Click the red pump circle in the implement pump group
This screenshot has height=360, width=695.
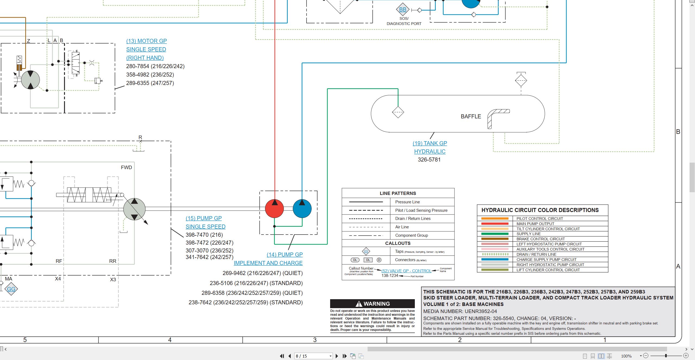pyautogui.click(x=274, y=209)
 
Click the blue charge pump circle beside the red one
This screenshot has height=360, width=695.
pyautogui.click(x=302, y=209)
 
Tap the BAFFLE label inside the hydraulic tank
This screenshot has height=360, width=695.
pyautogui.click(x=471, y=116)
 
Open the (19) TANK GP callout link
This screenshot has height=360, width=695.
pyautogui.click(x=430, y=143)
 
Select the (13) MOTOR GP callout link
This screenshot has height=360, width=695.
pyautogui.click(x=146, y=41)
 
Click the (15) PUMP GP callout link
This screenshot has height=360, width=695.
pyautogui.click(x=204, y=218)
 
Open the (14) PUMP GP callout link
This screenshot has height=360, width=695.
pyautogui.click(x=285, y=255)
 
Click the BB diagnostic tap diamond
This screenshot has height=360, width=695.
pyautogui.click(x=403, y=10)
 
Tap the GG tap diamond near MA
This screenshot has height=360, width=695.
pyautogui.click(x=11, y=289)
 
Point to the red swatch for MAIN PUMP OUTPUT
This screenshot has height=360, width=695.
pyautogui.click(x=495, y=224)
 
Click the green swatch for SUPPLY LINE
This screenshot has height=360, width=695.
pyautogui.click(x=495, y=234)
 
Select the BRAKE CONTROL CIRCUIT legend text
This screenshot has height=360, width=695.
pyautogui.click(x=541, y=239)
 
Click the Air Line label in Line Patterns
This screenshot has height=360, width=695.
pyautogui.click(x=402, y=227)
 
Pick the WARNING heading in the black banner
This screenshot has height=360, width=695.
pyautogui.click(x=377, y=304)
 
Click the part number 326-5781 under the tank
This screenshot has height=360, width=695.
pyautogui.click(x=429, y=160)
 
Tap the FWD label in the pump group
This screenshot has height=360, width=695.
pyautogui.click(x=127, y=168)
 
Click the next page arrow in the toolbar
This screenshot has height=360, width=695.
pyautogui.click(x=337, y=356)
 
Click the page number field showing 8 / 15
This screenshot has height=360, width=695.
pyautogui.click(x=314, y=356)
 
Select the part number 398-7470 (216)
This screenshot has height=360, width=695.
pyautogui.click(x=204, y=235)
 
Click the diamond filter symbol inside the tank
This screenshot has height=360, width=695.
pyautogui.click(x=398, y=112)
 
